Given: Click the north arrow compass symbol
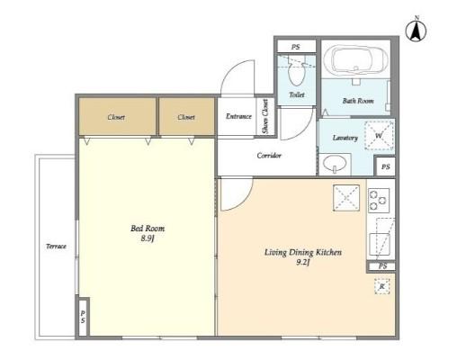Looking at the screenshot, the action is click(x=417, y=30).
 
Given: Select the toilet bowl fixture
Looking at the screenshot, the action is click(x=296, y=71).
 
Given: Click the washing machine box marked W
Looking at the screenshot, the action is click(x=379, y=136).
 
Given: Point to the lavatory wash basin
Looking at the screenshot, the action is click(x=335, y=165).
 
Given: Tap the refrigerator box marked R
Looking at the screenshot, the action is click(x=382, y=286).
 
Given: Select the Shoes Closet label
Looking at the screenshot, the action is click(x=265, y=116).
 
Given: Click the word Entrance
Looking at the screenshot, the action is click(x=238, y=116).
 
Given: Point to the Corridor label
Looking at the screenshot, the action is click(x=269, y=156).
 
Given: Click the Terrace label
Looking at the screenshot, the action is click(x=56, y=247).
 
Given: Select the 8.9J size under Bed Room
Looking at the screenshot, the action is click(x=148, y=238).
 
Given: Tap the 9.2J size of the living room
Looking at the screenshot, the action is click(x=303, y=263).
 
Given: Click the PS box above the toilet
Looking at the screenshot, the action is click(x=296, y=47).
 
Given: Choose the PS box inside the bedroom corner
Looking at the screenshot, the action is click(x=83, y=317).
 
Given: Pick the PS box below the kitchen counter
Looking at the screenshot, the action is click(x=381, y=266).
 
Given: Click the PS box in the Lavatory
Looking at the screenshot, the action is click(x=385, y=166).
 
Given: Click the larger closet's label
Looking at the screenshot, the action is click(x=116, y=117).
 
